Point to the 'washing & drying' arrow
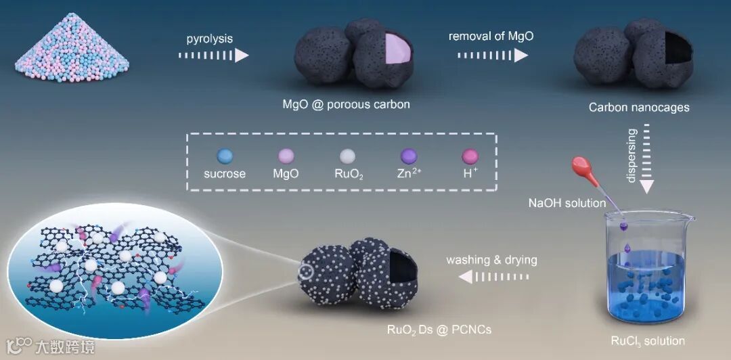492,276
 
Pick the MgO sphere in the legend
285,155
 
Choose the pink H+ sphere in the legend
469,155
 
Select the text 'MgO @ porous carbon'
346,105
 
